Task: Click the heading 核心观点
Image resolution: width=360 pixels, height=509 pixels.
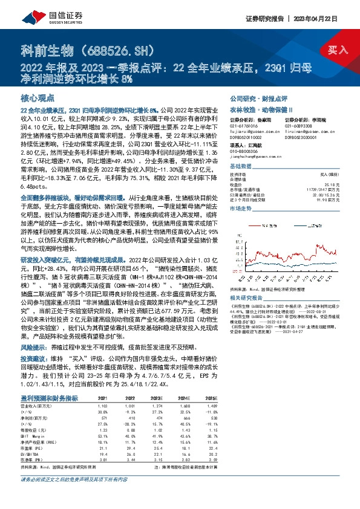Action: pos(38,97)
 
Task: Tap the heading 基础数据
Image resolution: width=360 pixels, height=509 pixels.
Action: pos(240,166)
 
